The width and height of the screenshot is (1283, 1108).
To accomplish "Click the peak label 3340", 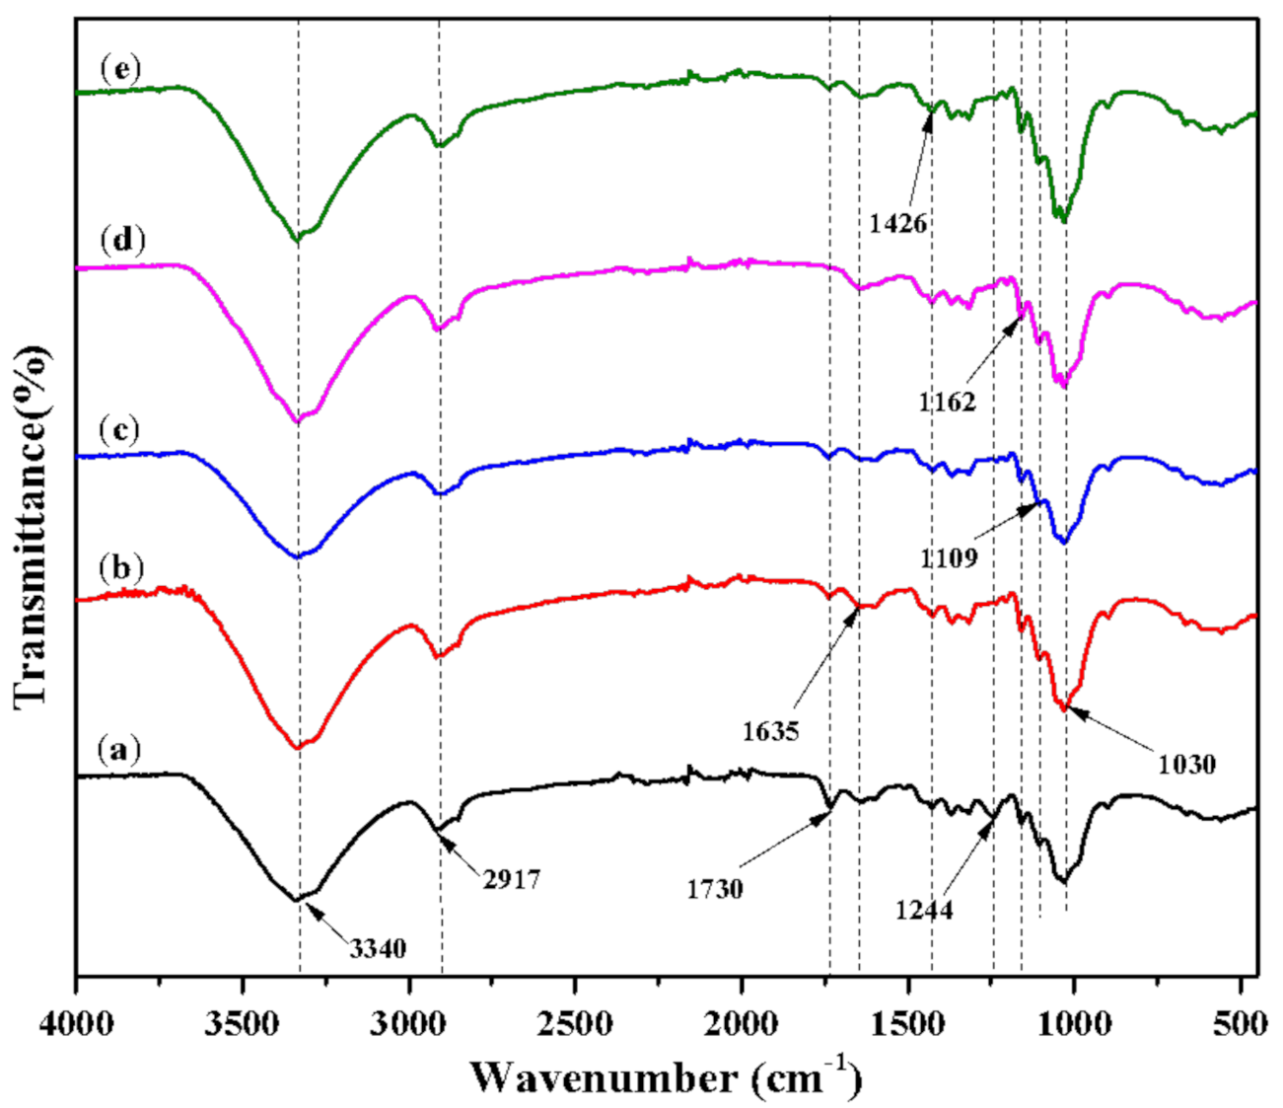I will point(378,949).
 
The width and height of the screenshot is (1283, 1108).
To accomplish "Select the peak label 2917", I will point(512,878).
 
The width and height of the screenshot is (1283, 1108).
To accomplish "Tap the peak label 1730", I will point(715,889).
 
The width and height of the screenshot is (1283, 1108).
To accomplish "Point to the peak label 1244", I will point(924,910).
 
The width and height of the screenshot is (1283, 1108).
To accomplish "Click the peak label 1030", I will point(1187,764).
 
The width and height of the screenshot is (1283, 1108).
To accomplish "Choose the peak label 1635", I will point(770,731).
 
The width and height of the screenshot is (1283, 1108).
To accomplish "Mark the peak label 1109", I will point(949,558).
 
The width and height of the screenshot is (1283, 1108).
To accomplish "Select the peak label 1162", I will point(947,402).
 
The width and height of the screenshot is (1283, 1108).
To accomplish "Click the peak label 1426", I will point(898,223).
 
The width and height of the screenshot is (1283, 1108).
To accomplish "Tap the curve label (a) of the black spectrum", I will point(119,751).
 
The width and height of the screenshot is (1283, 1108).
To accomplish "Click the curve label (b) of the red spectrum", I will point(120,569).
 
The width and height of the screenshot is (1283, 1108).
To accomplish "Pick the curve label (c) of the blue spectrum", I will point(120,430).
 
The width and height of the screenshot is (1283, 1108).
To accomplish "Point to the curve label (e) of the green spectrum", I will point(120,69).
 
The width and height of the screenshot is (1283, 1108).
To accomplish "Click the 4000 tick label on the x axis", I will point(76,1022).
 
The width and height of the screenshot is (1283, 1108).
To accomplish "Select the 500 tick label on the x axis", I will point(1240,1022).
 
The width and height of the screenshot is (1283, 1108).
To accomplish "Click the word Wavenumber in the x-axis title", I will point(603,1077).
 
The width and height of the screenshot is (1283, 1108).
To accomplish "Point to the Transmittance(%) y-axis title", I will point(33,525).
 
